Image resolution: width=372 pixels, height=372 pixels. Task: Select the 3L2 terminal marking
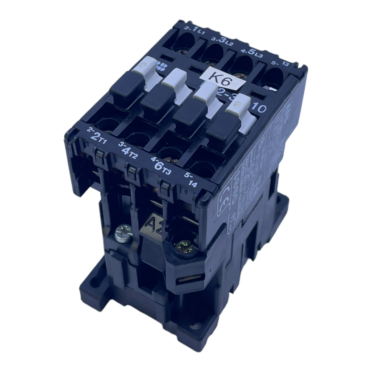coord(222,42)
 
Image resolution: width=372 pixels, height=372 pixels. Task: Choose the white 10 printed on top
coord(259,108)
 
